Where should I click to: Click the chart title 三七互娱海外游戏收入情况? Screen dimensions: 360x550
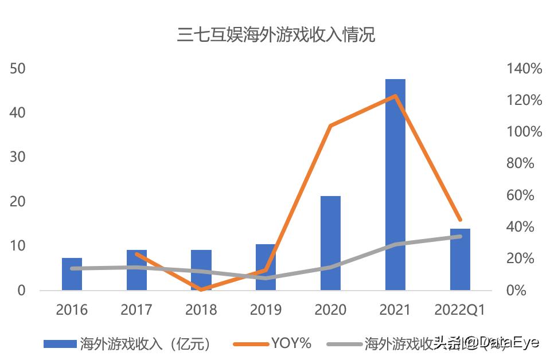pos(276,35)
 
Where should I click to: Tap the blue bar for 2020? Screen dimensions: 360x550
pos(330,243)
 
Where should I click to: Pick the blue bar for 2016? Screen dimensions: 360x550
pos(72,274)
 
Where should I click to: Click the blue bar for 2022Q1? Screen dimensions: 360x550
pos(460,259)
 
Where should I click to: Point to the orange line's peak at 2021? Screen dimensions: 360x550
pos(395,96)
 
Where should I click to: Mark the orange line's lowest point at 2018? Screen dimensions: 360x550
pos(201,289)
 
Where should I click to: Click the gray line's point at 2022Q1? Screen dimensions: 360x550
pos(460,236)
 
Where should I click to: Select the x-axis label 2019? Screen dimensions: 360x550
pos(266,310)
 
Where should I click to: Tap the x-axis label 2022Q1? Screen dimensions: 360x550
pos(459,310)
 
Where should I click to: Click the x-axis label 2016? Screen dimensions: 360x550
pos(72,310)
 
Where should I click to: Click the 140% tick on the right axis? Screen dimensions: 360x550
pos(524,69)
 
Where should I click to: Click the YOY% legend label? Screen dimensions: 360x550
pos(291,343)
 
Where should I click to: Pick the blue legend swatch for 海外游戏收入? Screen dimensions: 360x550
pos(60,344)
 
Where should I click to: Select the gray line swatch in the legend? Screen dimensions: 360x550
pos(344,344)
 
